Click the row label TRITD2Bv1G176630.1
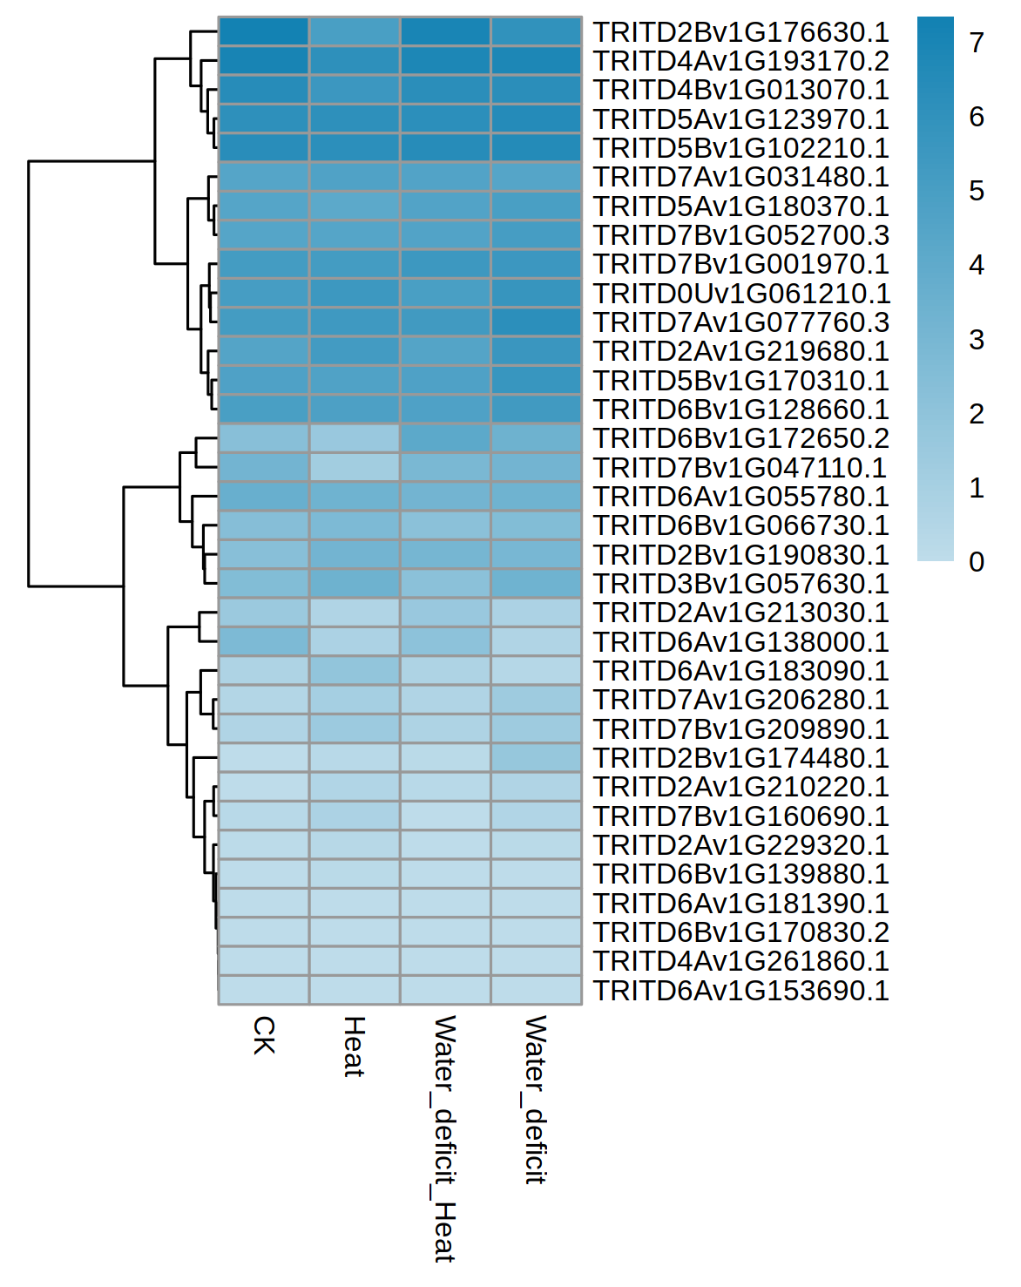[740, 32]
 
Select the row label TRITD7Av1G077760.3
[740, 322]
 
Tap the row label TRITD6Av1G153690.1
[740, 991]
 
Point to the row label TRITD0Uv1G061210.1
[740, 294]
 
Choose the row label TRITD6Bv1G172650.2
[740, 438]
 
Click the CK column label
[264, 1035]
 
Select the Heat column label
[354, 1047]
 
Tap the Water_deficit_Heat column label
[444, 1138]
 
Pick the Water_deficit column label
[535, 1099]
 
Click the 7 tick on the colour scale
[977, 42]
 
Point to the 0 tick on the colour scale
[977, 562]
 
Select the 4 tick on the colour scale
[977, 265]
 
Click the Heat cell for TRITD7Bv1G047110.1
[355, 467]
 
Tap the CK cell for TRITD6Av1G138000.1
[264, 641]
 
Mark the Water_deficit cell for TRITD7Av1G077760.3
[536, 322]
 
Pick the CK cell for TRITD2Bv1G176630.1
[264, 31]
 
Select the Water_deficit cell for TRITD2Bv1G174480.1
[536, 758]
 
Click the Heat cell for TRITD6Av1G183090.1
[355, 671]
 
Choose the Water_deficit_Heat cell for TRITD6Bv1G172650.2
[445, 438]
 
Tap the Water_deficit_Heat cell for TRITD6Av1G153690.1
[445, 991]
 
